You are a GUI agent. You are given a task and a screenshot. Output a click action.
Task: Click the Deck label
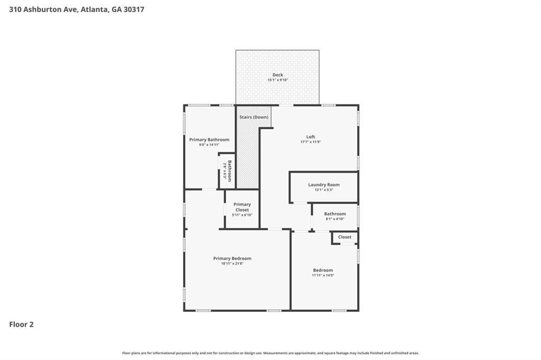(x=278, y=75)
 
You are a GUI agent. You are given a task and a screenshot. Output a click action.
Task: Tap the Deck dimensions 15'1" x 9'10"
(x=278, y=80)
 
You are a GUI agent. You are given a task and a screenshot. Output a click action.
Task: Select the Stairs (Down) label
(x=254, y=117)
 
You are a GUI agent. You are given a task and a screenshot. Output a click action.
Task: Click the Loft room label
(x=311, y=137)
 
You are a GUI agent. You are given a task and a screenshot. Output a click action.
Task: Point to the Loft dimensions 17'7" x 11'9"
(x=311, y=141)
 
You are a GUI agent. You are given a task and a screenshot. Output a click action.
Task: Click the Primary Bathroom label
(x=209, y=140)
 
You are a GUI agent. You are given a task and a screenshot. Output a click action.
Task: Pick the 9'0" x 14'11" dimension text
(x=209, y=145)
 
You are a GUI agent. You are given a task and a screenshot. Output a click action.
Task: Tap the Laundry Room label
(x=324, y=185)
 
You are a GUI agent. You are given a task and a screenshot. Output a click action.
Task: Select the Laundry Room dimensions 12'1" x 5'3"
(x=324, y=190)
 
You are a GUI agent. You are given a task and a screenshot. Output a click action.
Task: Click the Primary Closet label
(x=242, y=207)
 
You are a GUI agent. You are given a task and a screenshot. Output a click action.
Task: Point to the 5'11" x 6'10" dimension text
(x=242, y=215)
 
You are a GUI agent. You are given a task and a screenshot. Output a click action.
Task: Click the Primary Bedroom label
(x=232, y=258)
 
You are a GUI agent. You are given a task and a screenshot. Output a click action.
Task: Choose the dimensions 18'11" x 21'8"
(x=232, y=263)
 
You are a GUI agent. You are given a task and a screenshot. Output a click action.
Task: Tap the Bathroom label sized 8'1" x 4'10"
(x=335, y=214)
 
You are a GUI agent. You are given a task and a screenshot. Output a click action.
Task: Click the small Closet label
(x=344, y=237)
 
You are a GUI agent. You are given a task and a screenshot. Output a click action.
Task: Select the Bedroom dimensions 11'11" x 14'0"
(x=323, y=275)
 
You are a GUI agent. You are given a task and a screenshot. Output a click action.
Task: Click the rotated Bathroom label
(x=230, y=170)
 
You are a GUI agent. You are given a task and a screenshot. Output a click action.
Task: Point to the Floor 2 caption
(x=21, y=325)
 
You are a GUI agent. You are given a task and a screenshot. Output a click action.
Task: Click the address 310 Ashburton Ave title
(x=77, y=10)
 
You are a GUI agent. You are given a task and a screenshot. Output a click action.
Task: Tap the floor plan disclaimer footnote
(x=270, y=353)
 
